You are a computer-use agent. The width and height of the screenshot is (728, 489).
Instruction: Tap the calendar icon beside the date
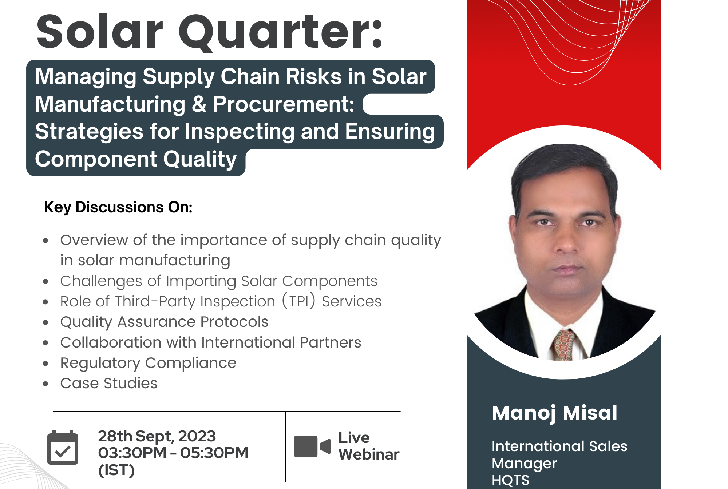[x=63, y=447]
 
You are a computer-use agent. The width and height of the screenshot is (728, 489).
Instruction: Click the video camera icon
[x=312, y=446]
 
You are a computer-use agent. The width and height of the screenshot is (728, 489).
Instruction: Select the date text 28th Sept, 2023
[x=157, y=436]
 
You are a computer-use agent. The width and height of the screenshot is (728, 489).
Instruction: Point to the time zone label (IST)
[x=116, y=470]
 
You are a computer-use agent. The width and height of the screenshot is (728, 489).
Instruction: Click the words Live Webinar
[x=369, y=446]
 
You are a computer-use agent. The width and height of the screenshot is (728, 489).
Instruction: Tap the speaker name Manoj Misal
[x=554, y=413]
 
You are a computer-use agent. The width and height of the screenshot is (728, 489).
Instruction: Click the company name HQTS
[x=510, y=480]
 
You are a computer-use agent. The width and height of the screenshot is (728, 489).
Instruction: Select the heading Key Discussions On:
[x=118, y=207]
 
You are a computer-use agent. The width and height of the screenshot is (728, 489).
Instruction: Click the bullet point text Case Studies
[x=109, y=383]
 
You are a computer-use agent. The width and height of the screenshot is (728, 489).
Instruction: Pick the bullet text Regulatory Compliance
[x=148, y=363]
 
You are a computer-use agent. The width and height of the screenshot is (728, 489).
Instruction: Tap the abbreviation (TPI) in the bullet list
[x=298, y=301]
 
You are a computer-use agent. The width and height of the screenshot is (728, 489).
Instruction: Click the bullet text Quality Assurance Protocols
[x=164, y=322]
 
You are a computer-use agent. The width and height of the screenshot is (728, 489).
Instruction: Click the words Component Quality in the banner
[x=136, y=159]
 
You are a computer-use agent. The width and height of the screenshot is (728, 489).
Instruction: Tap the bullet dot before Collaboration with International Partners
[x=45, y=343]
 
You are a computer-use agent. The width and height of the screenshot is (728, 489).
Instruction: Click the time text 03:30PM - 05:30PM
[x=173, y=453]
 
